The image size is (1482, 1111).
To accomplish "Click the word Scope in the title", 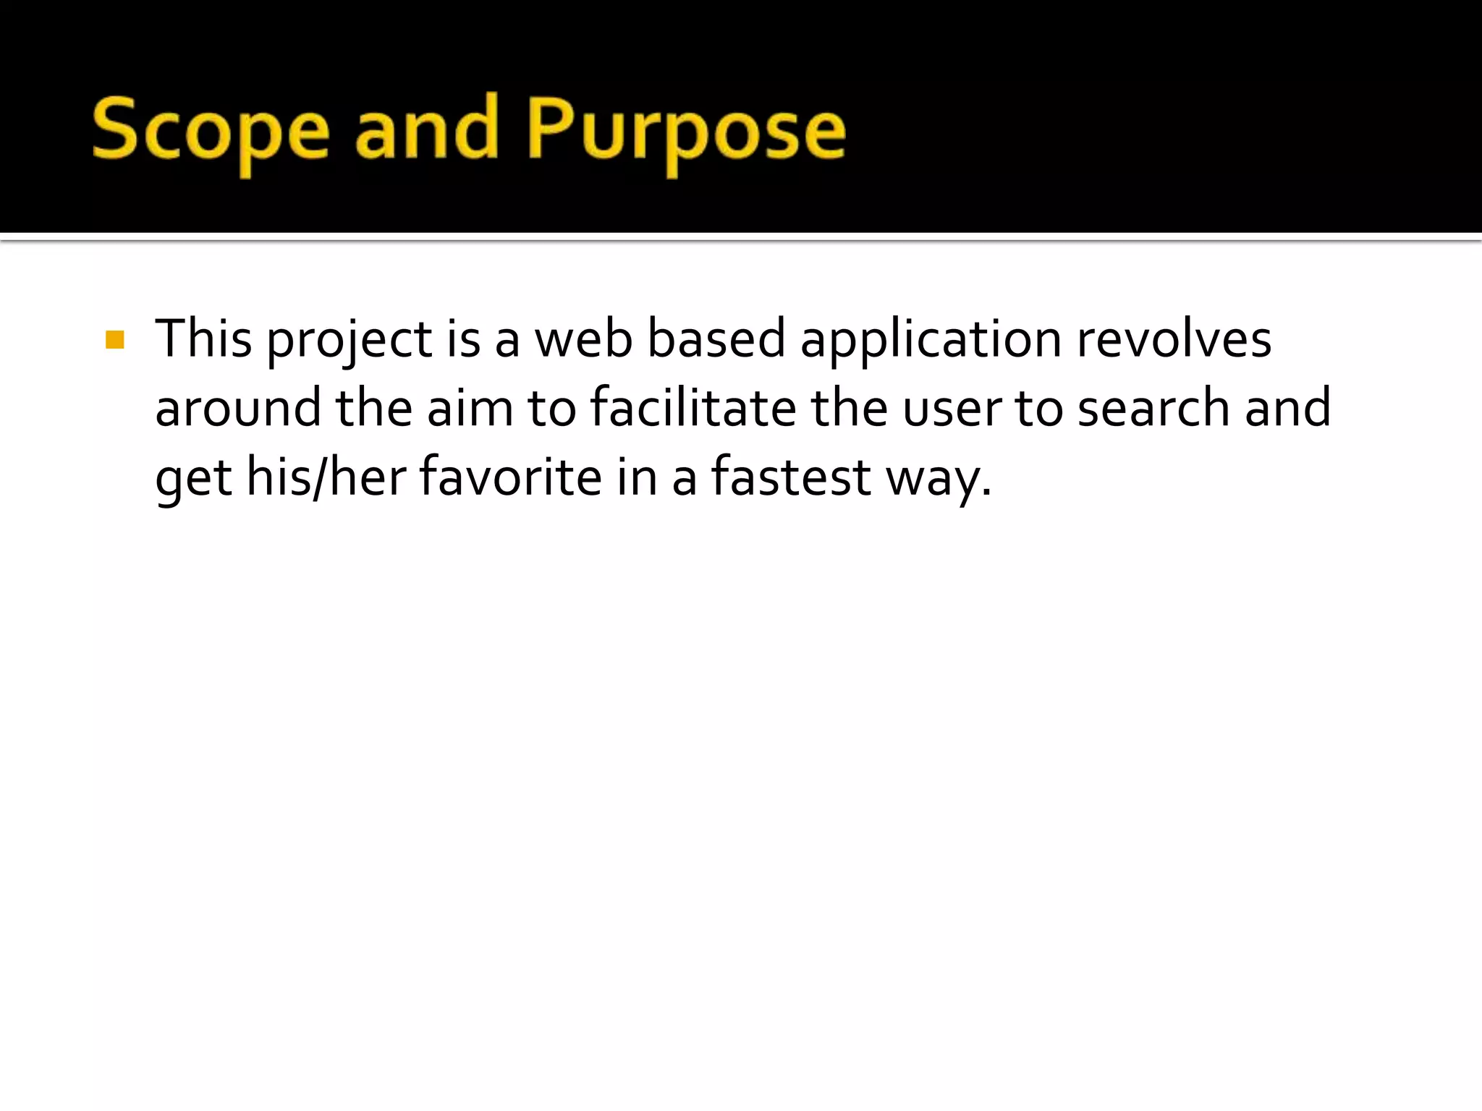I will click(211, 130).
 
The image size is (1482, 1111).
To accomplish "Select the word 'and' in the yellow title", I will click(427, 130).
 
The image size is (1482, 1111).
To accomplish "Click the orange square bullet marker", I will click(114, 339).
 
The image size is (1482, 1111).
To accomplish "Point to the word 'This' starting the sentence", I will click(203, 339).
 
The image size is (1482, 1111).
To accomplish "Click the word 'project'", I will click(350, 340).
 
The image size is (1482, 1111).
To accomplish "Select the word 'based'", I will click(716, 339).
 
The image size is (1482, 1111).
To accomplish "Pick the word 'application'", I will click(931, 340).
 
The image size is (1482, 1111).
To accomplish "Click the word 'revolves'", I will click(1174, 339).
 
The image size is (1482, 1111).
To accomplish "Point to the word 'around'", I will click(238, 408).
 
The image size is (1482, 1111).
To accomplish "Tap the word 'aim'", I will click(470, 408).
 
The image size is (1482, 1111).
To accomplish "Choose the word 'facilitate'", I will click(693, 408).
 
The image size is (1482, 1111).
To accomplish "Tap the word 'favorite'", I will click(510, 477).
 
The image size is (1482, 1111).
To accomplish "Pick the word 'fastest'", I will click(791, 477).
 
